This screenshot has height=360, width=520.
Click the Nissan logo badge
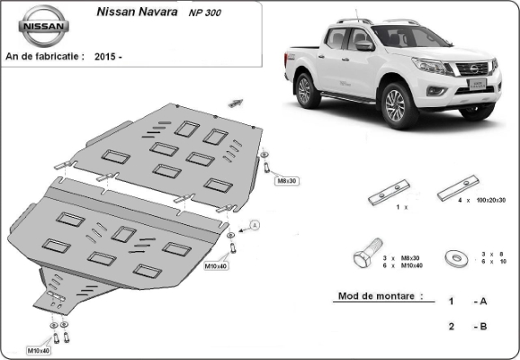pyautogui.click(x=43, y=26)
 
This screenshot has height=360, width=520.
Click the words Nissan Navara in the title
pyautogui.click(x=137, y=12)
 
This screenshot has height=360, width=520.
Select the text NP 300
pyautogui.click(x=204, y=13)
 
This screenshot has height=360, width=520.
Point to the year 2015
pyautogui.click(x=104, y=57)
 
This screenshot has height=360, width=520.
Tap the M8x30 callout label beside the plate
pyautogui.click(x=287, y=181)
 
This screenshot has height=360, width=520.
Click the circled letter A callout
pyautogui.click(x=255, y=225)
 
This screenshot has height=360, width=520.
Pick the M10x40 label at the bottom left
pyautogui.click(x=39, y=350)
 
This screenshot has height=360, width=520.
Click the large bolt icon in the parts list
pyautogui.click(x=367, y=253)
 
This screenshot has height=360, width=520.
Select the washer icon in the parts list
pyautogui.click(x=456, y=257)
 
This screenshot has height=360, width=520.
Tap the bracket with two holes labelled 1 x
pyautogui.click(x=390, y=193)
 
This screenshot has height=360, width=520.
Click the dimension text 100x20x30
pyautogui.click(x=491, y=200)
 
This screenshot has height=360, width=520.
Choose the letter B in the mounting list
pyautogui.click(x=483, y=327)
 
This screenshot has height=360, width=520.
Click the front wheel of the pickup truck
pyautogui.click(x=396, y=105)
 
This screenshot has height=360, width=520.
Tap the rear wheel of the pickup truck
pyautogui.click(x=305, y=91)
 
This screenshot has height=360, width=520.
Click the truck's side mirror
pyautogui.click(x=364, y=45)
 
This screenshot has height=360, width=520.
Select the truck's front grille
pyautogui.click(x=473, y=68)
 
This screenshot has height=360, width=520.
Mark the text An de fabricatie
pyautogui.click(x=42, y=56)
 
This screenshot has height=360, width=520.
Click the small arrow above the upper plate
pyautogui.click(x=236, y=103)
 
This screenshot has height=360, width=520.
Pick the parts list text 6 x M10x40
pyautogui.click(x=403, y=265)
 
